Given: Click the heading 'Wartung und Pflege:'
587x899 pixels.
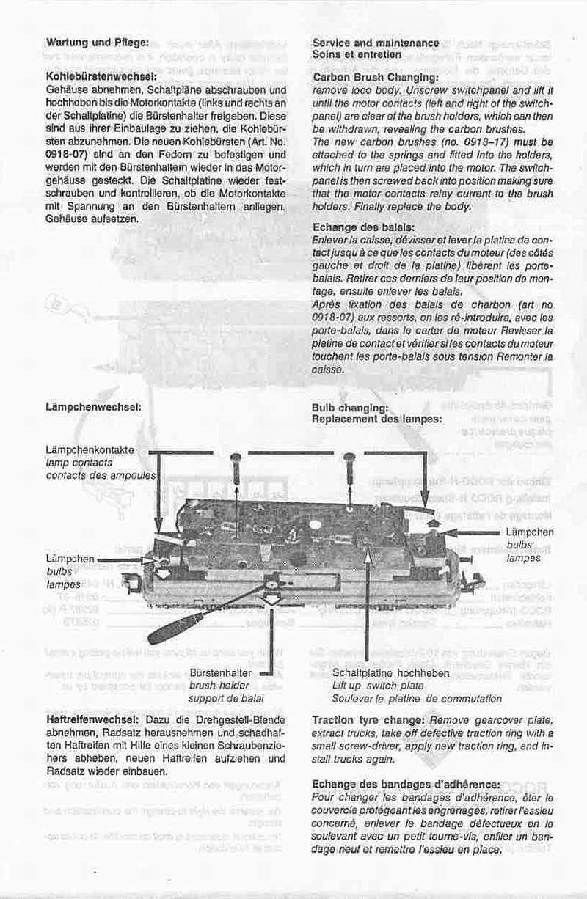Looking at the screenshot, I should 98,42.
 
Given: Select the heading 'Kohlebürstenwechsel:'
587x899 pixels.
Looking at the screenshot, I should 101,76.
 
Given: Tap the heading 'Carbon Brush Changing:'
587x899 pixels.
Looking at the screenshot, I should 376,77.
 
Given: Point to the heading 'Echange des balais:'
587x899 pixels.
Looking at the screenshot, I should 363,228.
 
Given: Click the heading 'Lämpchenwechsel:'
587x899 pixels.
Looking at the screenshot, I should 93,406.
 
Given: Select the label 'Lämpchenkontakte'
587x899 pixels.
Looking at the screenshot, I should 90,449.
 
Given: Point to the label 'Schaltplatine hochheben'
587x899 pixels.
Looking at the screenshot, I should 390,672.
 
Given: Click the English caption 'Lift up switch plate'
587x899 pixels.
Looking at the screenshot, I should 378,685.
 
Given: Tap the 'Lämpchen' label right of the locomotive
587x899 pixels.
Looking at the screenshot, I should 530,532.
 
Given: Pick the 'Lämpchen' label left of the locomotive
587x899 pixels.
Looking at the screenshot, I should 70,559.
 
